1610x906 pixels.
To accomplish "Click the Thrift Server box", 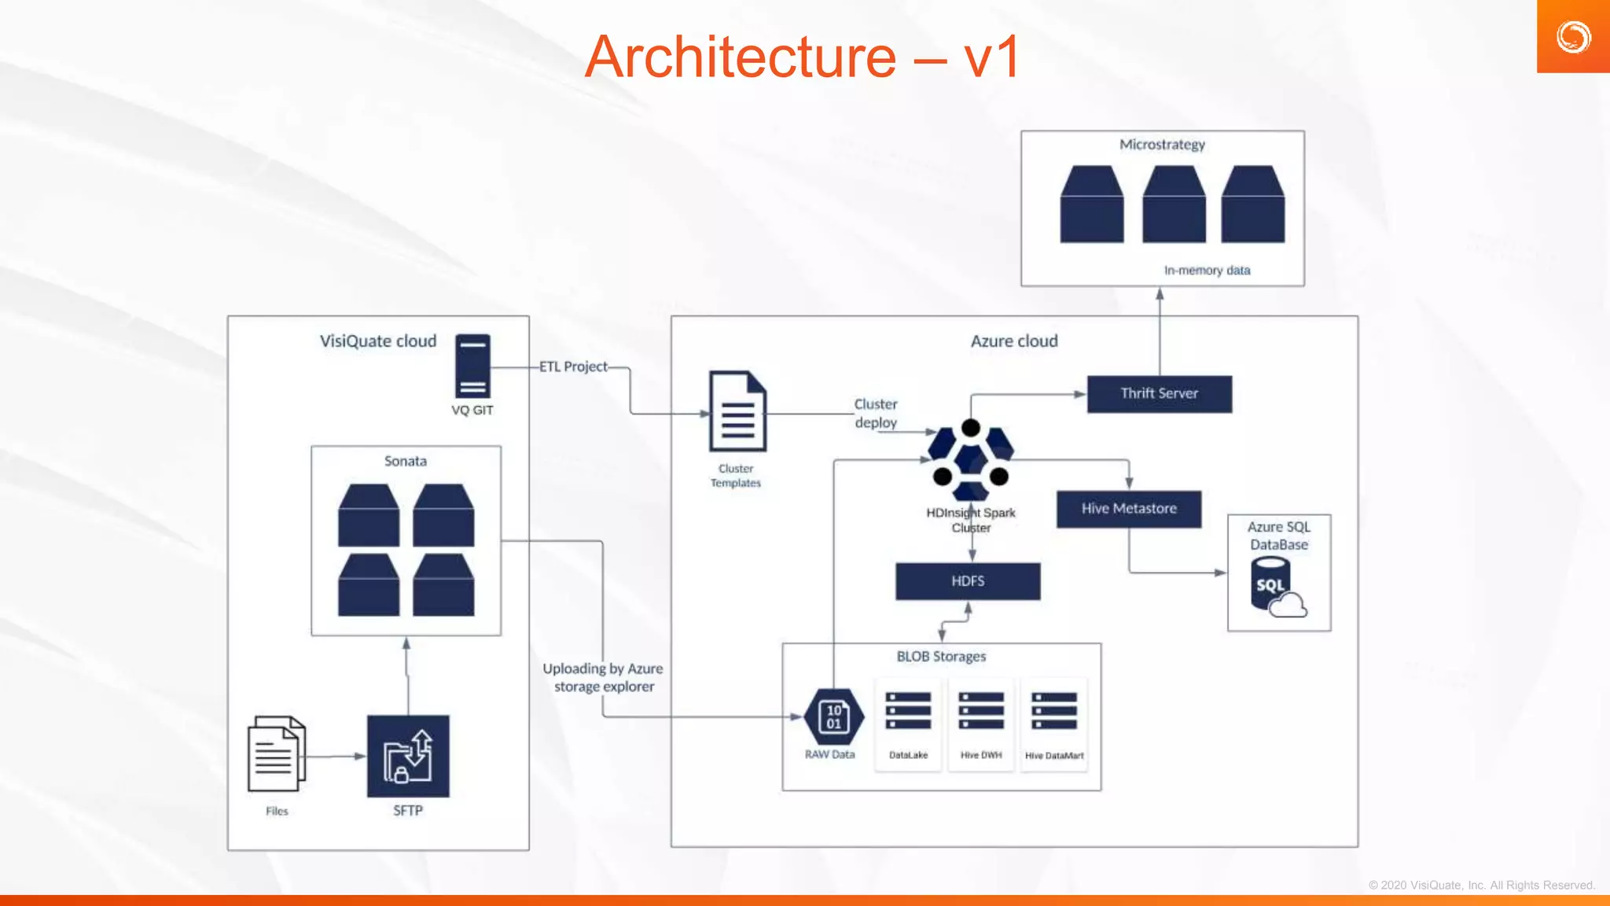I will tap(1160, 394).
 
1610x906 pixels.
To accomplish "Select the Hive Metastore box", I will tap(1129, 509).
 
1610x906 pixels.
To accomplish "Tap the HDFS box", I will tap(968, 581).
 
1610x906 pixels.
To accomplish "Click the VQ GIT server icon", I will tap(472, 366).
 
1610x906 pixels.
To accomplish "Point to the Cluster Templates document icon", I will tap(737, 411).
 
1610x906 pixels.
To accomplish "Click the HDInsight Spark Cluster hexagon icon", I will tap(971, 460).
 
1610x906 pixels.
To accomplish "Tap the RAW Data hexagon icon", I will tap(834, 716).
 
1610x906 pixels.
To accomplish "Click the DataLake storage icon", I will tap(908, 711).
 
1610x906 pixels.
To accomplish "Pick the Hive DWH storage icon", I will tap(981, 711).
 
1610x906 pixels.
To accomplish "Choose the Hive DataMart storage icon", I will tap(1054, 711).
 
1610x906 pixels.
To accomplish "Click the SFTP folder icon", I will tap(408, 757).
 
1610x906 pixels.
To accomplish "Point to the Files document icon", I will tap(276, 754).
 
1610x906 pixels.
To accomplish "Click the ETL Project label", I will tap(573, 366).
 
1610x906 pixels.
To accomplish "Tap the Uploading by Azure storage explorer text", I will tap(603, 677).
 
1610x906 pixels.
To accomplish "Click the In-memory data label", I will tap(1207, 271).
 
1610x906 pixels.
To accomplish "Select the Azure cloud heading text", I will tap(1014, 341).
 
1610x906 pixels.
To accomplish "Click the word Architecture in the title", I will tap(740, 57).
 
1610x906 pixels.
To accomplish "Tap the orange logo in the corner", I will tap(1573, 37).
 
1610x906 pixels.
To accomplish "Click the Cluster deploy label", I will tap(876, 413).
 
